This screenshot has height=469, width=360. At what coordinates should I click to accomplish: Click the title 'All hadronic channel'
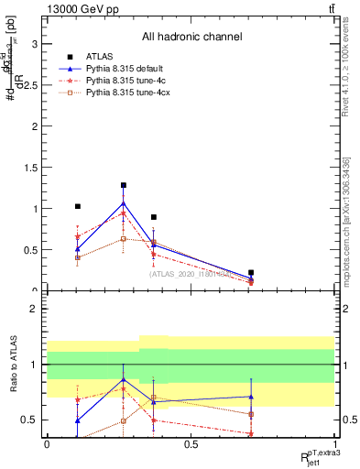click(191, 38)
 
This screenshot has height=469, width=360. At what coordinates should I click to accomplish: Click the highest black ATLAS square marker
click(124, 185)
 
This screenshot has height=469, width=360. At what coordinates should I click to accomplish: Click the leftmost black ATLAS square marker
click(78, 207)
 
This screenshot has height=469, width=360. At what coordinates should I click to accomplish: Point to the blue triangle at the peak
click(124, 202)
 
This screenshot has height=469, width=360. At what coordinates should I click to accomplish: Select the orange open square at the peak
click(124, 239)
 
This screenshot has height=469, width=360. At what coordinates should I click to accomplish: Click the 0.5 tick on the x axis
click(191, 444)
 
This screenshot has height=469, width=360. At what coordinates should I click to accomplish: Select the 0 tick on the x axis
click(48, 444)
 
